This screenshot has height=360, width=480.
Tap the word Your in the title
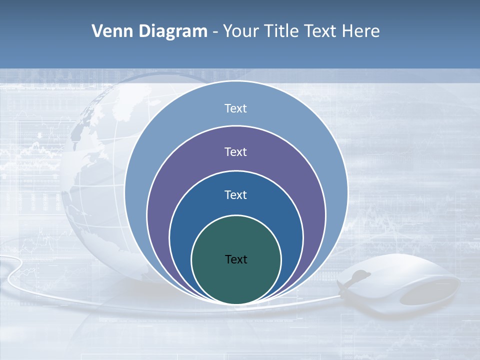point(241,31)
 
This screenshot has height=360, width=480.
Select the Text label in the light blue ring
point(235,108)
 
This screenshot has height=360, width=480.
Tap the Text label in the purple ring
point(235,152)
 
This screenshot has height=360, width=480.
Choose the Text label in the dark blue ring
point(235,195)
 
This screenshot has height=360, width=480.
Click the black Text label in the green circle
point(236,259)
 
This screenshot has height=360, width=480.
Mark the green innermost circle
point(236,280)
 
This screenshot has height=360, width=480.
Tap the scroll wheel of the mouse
point(359,275)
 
